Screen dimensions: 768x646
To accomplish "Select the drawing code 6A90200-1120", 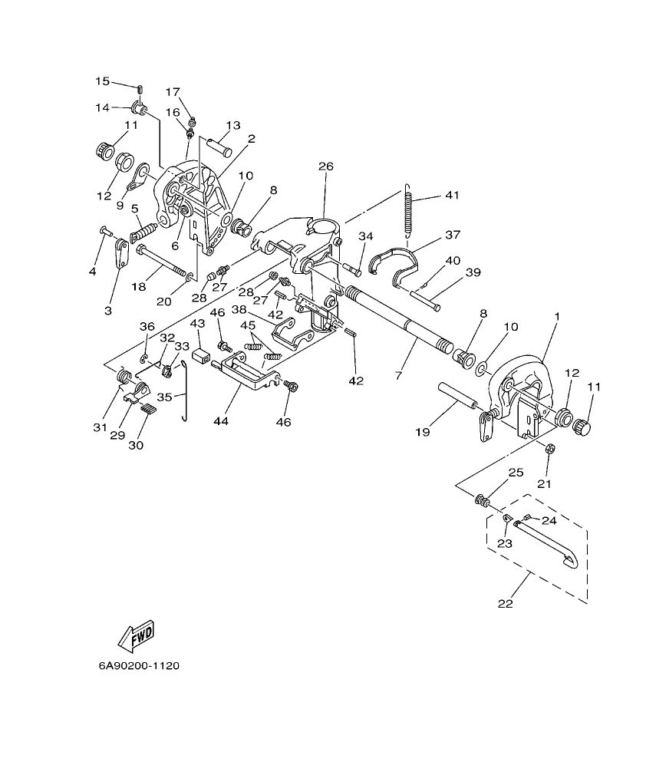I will pyautogui.click(x=139, y=666).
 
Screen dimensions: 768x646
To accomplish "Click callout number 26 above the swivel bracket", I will pyautogui.click(x=326, y=166).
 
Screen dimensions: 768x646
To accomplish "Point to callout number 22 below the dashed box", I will pyautogui.click(x=505, y=603).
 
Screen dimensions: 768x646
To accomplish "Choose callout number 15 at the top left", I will pyautogui.click(x=103, y=81).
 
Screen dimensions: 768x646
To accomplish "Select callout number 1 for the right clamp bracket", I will pyautogui.click(x=557, y=316).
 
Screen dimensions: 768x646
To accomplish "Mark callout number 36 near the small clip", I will pyautogui.click(x=147, y=327).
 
